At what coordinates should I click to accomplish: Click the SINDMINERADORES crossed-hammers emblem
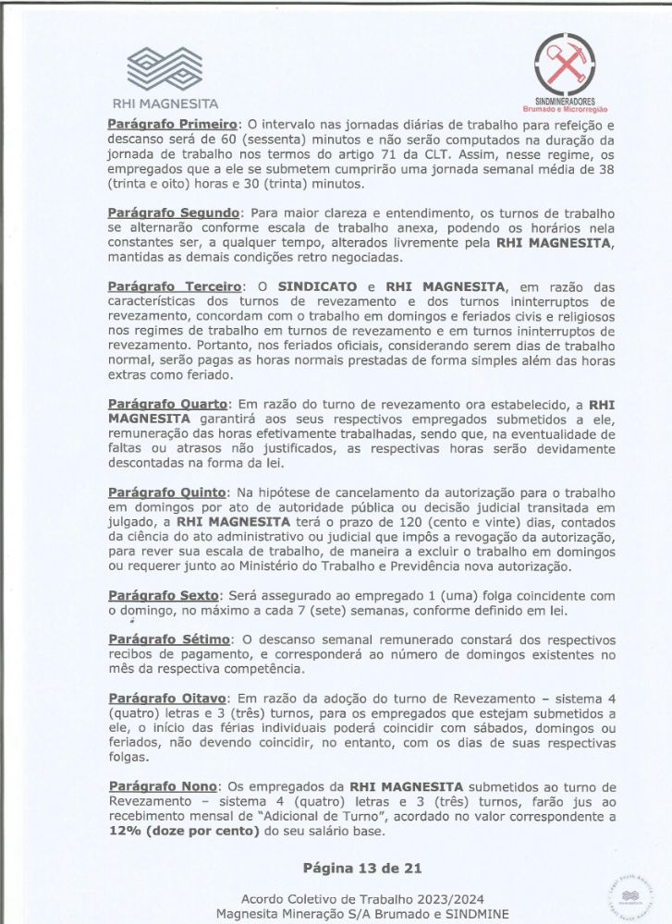[565, 64]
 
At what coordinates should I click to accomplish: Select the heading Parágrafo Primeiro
[173, 123]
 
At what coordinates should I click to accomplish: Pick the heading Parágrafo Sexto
[164, 597]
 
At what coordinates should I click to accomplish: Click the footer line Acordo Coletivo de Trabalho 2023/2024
[362, 899]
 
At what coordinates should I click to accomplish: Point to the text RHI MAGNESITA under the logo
[165, 104]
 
